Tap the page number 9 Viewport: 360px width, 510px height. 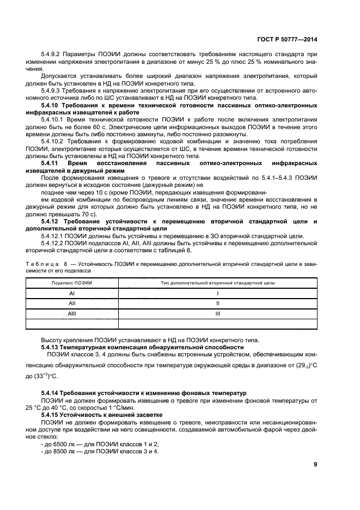pyautogui.click(x=315, y=464)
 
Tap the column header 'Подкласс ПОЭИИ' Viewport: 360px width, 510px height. pyautogui.click(x=71, y=283)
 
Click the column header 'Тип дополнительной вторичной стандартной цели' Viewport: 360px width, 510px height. pyautogui.click(x=217, y=283)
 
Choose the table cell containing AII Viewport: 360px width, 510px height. pyautogui.click(x=71, y=303)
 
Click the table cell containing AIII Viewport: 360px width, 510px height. pyautogui.click(x=71, y=314)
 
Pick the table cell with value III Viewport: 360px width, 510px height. pyautogui.click(x=217, y=314)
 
